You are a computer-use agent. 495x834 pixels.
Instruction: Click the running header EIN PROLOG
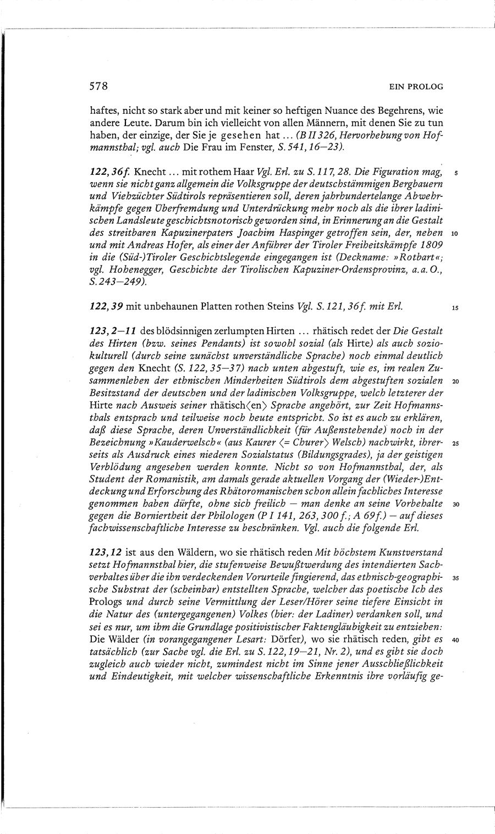[x=416, y=87]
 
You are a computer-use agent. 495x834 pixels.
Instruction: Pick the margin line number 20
[x=454, y=381]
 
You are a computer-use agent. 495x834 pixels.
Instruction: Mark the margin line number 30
[x=454, y=504]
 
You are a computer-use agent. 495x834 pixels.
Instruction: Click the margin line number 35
[x=454, y=578]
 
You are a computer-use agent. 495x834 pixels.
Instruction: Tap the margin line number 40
[x=454, y=640]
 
